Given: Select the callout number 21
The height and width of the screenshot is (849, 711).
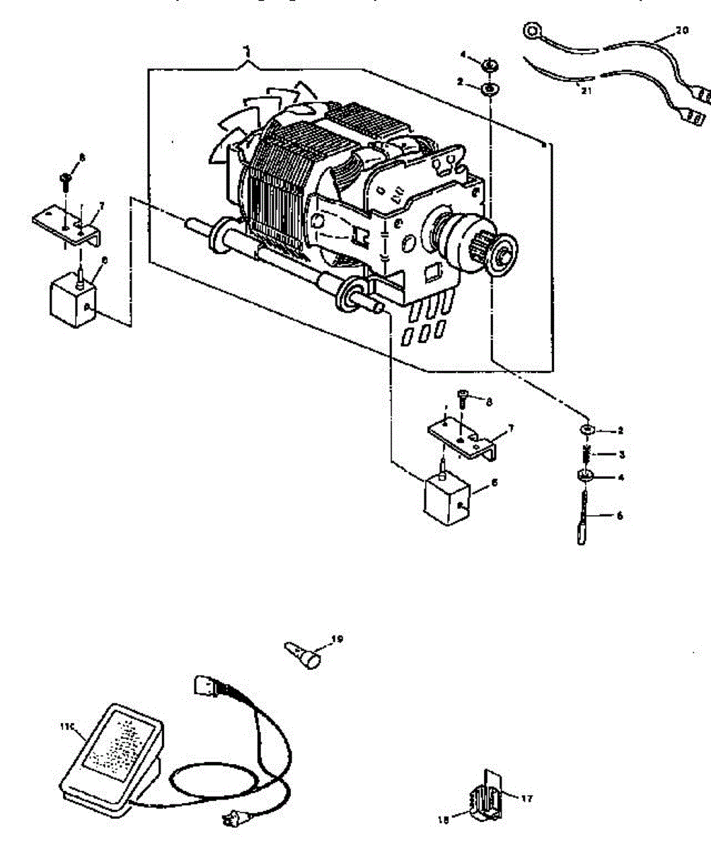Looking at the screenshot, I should click(584, 91).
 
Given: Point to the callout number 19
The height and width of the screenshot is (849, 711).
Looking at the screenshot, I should click(337, 639).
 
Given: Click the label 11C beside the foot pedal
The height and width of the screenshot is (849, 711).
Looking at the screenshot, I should click(69, 725).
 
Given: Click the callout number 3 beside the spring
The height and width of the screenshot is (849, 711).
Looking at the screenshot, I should click(620, 454).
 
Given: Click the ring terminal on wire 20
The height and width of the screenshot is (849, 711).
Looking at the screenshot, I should click(531, 31).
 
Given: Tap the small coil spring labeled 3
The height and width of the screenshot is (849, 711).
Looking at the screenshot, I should click(586, 454).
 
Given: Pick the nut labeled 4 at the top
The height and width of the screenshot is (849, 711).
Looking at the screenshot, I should click(490, 67).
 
